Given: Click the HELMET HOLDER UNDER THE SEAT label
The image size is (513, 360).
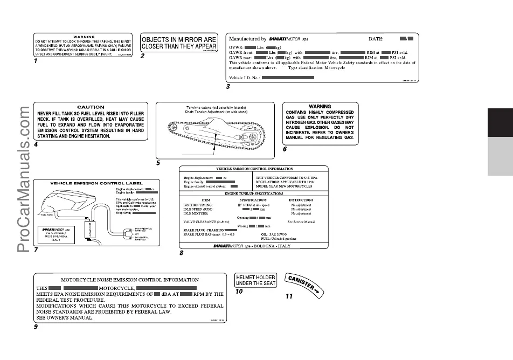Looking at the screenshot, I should click(256, 280).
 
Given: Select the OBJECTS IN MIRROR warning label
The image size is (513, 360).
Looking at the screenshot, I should click(179, 43).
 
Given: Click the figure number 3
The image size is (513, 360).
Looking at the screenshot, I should click(228, 86).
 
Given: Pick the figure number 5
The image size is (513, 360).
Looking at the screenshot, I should click(158, 162).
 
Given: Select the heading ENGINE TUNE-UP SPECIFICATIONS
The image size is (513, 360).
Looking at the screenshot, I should click(253, 193).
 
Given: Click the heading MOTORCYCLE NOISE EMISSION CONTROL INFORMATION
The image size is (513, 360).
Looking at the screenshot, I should click(129, 280).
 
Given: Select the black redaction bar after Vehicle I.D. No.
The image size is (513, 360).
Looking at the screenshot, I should click(288, 78).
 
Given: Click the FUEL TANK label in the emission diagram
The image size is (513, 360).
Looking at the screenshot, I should click(46, 213).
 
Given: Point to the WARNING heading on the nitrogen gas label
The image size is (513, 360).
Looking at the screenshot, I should click(320, 106).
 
